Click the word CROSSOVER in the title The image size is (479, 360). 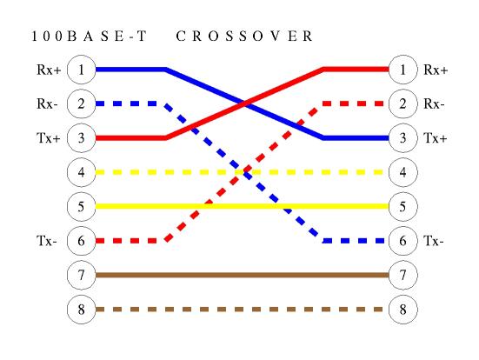pos(244,36)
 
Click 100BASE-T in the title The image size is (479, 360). pos(90,36)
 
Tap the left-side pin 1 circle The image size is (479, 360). pos(81,70)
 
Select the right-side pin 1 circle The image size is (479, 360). pos(403,70)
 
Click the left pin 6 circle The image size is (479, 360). pos(81,241)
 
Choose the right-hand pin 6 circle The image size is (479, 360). pos(403,241)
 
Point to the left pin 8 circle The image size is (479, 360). pos(81,310)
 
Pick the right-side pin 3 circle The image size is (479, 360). pos(403,138)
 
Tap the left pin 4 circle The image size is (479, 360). pos(81,172)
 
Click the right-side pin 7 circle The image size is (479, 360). pos(403,275)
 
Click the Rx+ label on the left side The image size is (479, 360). pos(49,70)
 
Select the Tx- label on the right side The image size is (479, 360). pos(434,241)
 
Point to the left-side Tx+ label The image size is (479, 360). pos(49,138)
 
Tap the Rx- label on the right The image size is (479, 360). pos(434,104)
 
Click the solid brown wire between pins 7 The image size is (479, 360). pos(242,275)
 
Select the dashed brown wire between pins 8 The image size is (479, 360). pos(239,310)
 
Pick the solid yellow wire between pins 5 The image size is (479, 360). pos(242,207)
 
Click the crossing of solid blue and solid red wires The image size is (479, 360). pos(244,103)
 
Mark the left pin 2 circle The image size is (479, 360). pos(81,103)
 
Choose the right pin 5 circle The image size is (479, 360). pos(403,207)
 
